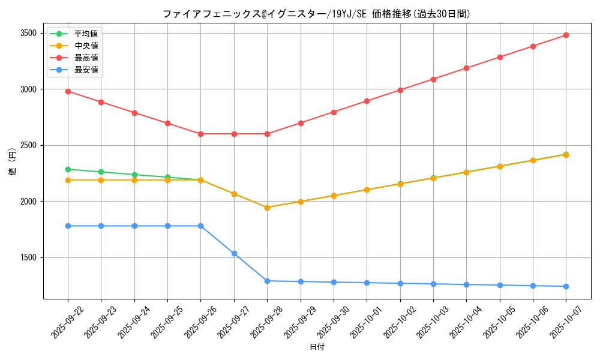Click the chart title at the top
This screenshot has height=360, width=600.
point(316,14)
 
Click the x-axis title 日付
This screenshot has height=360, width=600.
point(317,347)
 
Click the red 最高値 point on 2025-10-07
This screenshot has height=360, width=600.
point(566,35)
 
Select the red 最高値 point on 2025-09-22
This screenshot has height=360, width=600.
point(68,91)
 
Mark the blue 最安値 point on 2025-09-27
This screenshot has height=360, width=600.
point(234,253)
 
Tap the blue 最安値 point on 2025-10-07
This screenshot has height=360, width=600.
point(566,286)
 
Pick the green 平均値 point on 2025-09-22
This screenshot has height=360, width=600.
point(68,169)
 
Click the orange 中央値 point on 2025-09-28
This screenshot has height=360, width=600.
point(267,208)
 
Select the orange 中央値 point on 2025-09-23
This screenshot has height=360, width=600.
point(101,180)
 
